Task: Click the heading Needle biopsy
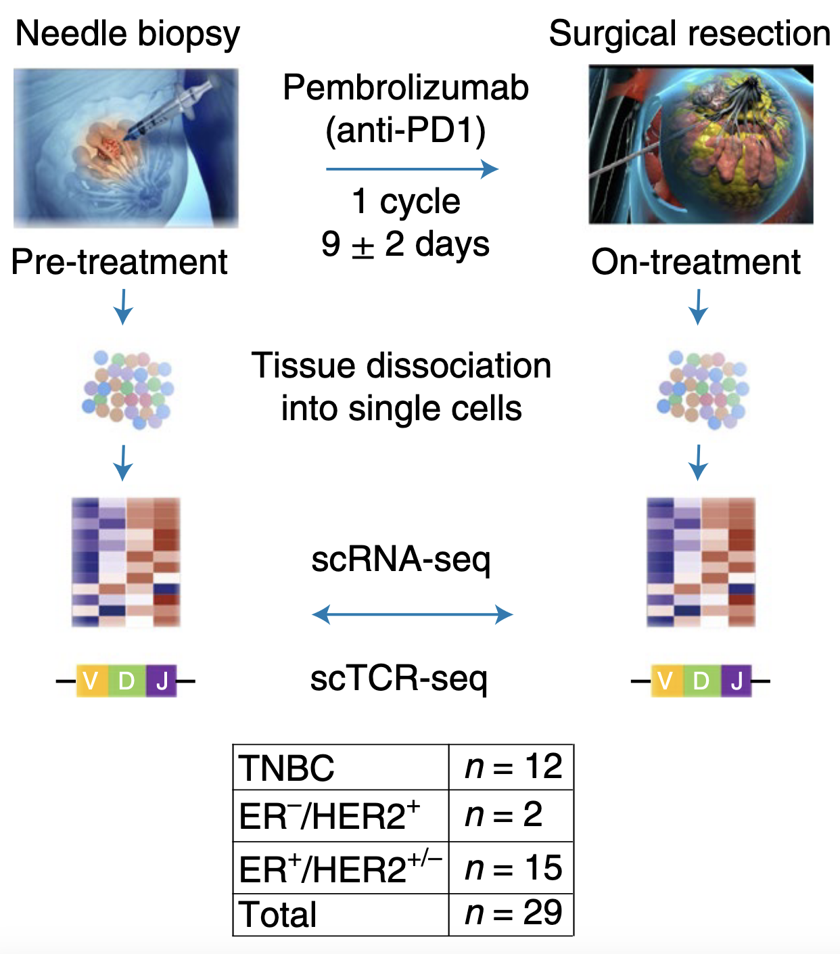[x=127, y=34]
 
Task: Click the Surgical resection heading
[x=689, y=34]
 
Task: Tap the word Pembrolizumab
[x=405, y=88]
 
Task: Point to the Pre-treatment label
[x=120, y=262]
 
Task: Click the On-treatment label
[x=695, y=262]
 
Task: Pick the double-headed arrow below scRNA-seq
[x=412, y=614]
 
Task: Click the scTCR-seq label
[x=398, y=679]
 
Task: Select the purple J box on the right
[x=736, y=681]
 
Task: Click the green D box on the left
[x=126, y=681]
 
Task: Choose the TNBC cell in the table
[x=340, y=767]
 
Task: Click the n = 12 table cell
[x=512, y=767]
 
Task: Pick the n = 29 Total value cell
[x=512, y=914]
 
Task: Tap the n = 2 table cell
[x=512, y=815]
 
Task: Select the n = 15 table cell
[x=512, y=868]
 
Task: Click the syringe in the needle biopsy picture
[x=169, y=108]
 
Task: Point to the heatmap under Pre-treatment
[x=126, y=562]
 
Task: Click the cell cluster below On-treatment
[x=703, y=390]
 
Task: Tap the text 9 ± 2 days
[x=405, y=244]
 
